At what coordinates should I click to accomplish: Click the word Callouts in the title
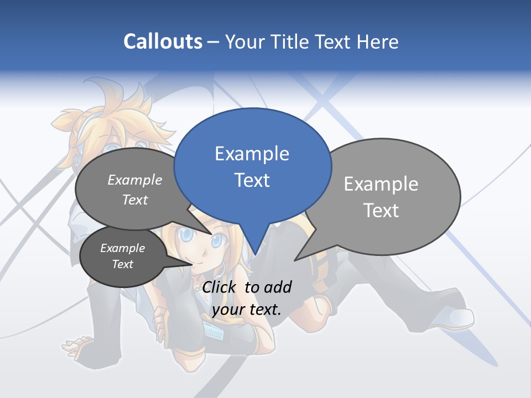[163, 41]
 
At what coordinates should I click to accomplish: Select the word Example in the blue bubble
[252, 154]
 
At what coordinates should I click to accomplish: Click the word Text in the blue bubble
[252, 180]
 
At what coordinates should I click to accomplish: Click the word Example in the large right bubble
[381, 184]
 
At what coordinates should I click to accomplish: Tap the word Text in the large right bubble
[381, 211]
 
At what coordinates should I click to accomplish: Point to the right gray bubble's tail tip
[295, 260]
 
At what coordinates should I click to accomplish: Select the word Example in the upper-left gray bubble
[134, 180]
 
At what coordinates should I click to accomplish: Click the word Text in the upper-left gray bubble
[134, 200]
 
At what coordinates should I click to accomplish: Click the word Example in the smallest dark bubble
[122, 248]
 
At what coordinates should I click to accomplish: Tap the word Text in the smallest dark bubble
[122, 264]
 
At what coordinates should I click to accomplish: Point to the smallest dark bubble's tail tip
[192, 264]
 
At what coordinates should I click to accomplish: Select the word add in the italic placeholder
[277, 287]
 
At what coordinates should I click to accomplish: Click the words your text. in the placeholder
[246, 310]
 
